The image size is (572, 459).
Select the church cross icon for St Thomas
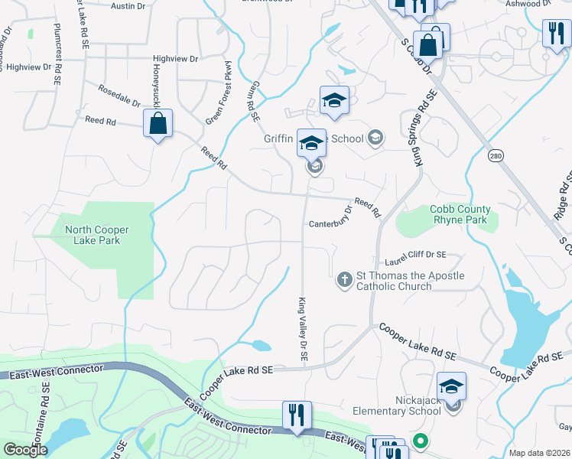coord(345,281)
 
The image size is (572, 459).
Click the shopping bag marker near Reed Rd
coord(158,124)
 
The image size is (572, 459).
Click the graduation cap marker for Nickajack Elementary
coord(451,386)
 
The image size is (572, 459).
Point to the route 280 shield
coord(495,156)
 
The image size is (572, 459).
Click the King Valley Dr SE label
coord(303,330)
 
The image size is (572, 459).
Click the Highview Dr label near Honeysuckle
coord(175,58)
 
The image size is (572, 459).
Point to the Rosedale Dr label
coord(120,96)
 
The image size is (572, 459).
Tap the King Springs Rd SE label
coord(423,129)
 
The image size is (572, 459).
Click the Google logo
coord(25,450)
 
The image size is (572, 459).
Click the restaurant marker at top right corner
coord(554,33)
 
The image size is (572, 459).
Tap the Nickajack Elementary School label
coord(397,405)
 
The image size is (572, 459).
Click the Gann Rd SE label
coord(252,99)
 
